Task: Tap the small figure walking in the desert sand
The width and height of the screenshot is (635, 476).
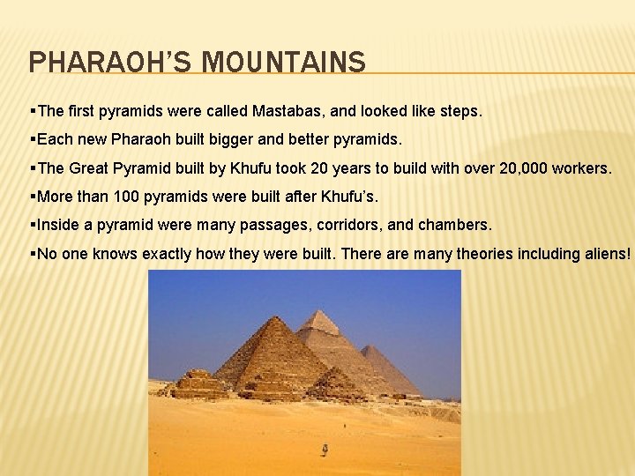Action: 325,450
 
